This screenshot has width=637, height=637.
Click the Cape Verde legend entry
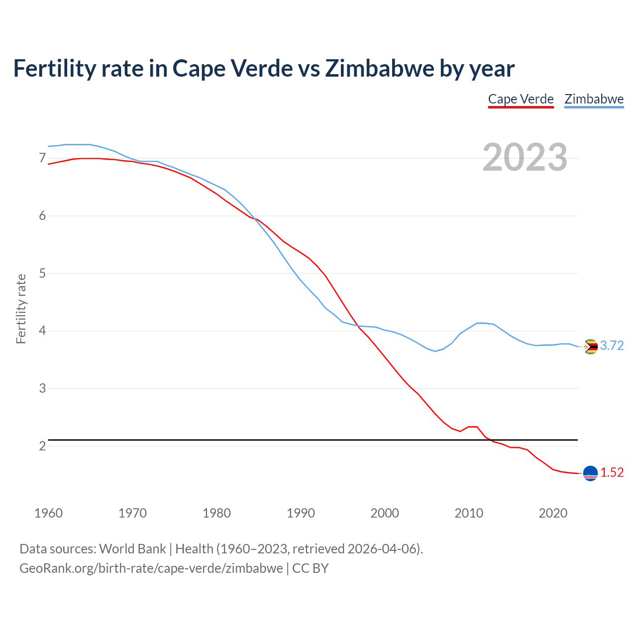tap(521, 99)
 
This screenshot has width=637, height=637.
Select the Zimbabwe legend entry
tap(594, 99)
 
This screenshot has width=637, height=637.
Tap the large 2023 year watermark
tap(525, 157)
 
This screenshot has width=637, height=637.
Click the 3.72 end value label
tap(612, 346)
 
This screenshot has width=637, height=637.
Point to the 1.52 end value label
tap(612, 473)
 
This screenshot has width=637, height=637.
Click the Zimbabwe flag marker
tap(590, 346)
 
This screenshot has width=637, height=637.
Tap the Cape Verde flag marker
tap(590, 473)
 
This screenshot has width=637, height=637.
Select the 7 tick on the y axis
tap(42, 158)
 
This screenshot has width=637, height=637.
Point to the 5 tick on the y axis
tap(42, 273)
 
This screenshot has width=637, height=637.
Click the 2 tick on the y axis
tap(42, 446)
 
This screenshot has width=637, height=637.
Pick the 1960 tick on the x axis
tap(48, 513)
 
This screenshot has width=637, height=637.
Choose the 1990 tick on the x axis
tap(301, 513)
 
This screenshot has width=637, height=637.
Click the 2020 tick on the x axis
tap(553, 513)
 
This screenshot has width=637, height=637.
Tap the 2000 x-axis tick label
tap(385, 513)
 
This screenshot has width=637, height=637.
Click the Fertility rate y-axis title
tap(21, 309)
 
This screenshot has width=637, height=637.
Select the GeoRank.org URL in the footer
tap(151, 568)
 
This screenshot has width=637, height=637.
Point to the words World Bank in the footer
tap(132, 549)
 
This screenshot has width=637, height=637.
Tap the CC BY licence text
tap(311, 568)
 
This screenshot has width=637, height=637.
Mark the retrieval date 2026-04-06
tap(382, 549)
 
